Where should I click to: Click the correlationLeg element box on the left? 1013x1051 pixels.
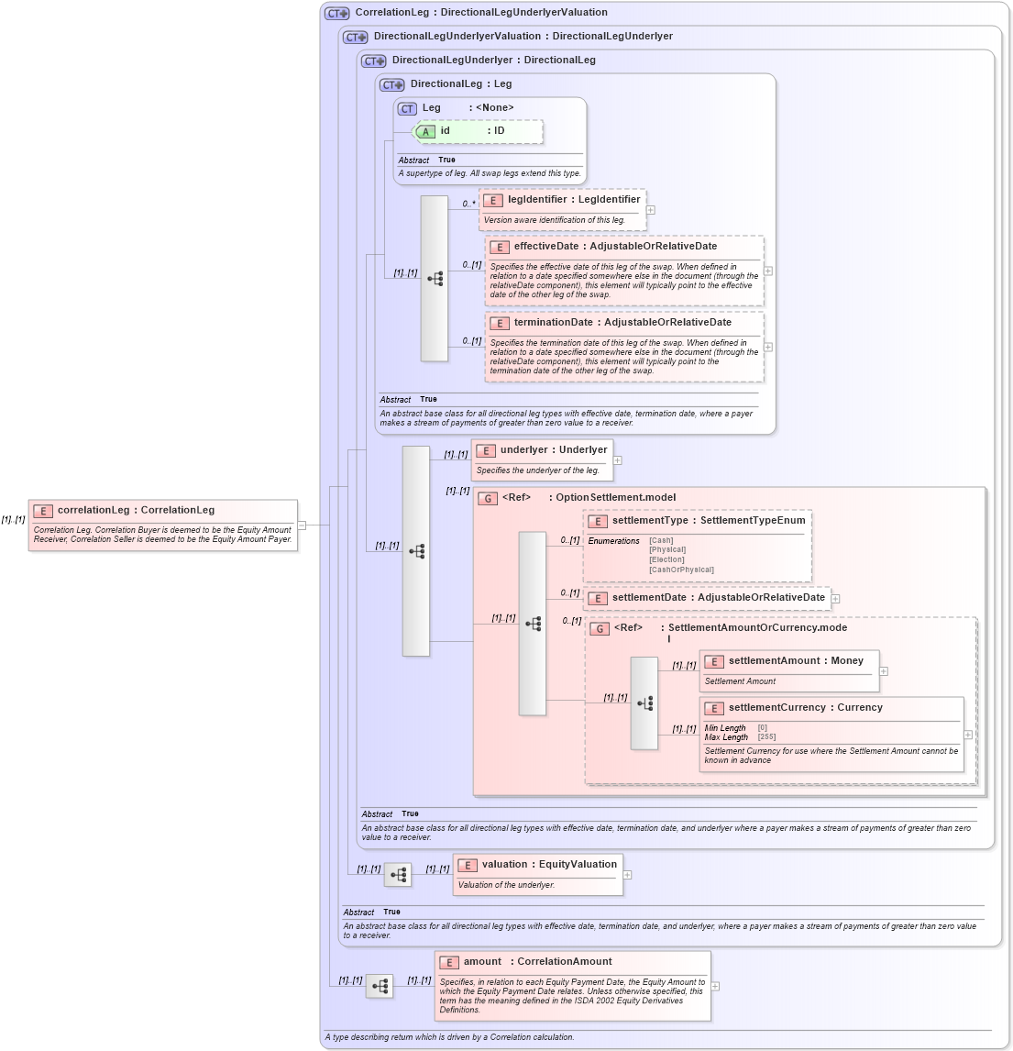(163, 525)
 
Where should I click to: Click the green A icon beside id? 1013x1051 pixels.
(425, 132)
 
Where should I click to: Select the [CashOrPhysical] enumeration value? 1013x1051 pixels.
(681, 570)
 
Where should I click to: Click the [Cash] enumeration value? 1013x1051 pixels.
(661, 541)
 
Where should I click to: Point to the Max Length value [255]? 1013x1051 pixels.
(766, 737)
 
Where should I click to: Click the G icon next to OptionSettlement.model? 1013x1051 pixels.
(488, 498)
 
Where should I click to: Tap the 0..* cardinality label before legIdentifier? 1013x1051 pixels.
(468, 204)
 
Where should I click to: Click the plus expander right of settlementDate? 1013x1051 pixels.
(835, 599)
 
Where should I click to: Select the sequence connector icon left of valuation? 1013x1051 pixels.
(398, 875)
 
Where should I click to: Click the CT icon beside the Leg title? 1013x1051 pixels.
(407, 108)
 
